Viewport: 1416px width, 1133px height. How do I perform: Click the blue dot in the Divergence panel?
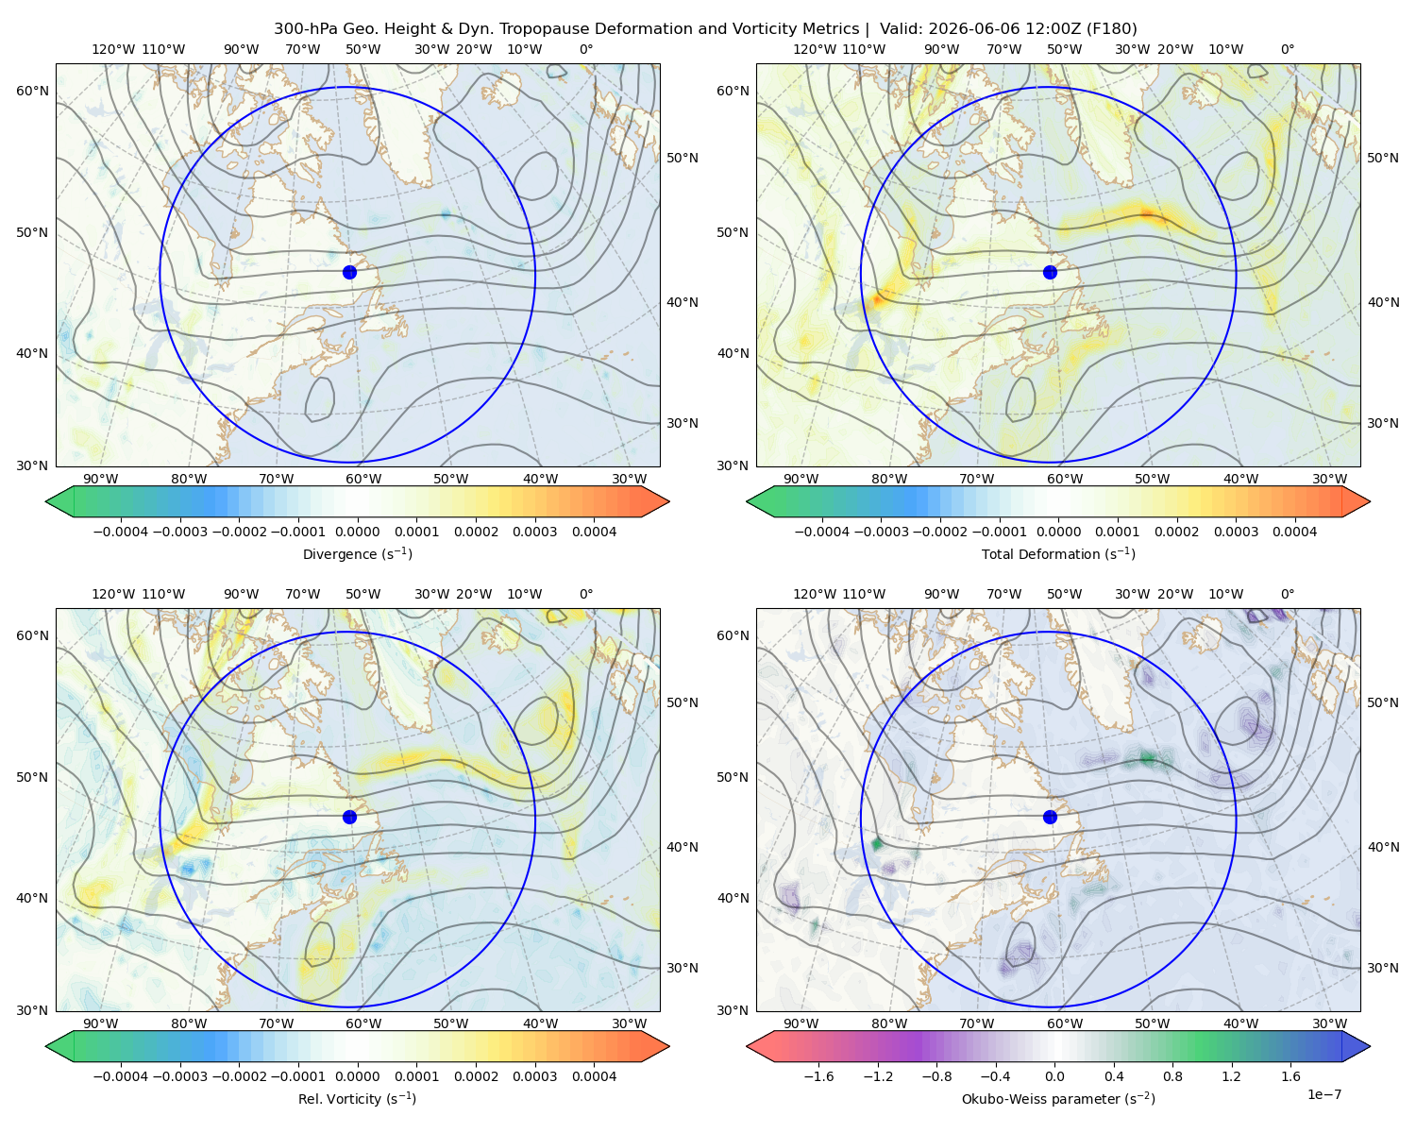349,272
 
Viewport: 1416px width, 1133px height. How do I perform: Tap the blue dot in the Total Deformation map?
1050,272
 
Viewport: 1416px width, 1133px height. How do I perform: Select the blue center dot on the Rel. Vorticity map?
349,817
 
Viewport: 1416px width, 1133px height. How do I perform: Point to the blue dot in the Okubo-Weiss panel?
1050,817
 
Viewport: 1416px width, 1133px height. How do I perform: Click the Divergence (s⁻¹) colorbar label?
357,553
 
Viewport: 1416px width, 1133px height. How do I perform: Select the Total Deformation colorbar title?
1058,553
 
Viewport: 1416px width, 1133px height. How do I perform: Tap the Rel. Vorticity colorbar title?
357,1098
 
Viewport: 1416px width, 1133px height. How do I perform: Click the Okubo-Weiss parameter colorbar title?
1058,1098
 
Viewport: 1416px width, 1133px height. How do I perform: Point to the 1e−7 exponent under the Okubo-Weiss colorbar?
1323,1094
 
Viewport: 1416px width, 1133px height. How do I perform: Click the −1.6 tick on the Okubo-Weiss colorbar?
818,1075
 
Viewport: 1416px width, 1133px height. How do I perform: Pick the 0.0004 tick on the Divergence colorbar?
594,532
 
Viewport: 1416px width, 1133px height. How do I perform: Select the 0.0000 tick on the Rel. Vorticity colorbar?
357,1075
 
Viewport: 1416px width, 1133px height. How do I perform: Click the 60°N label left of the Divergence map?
32,91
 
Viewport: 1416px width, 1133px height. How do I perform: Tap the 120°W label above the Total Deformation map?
814,49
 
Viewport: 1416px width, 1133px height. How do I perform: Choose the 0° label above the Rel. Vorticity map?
586,593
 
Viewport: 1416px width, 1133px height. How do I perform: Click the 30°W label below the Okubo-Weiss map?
1330,1023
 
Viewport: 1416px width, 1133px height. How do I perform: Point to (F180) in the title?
1112,28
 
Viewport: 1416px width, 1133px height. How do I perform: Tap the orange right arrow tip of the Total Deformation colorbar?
1370,501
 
